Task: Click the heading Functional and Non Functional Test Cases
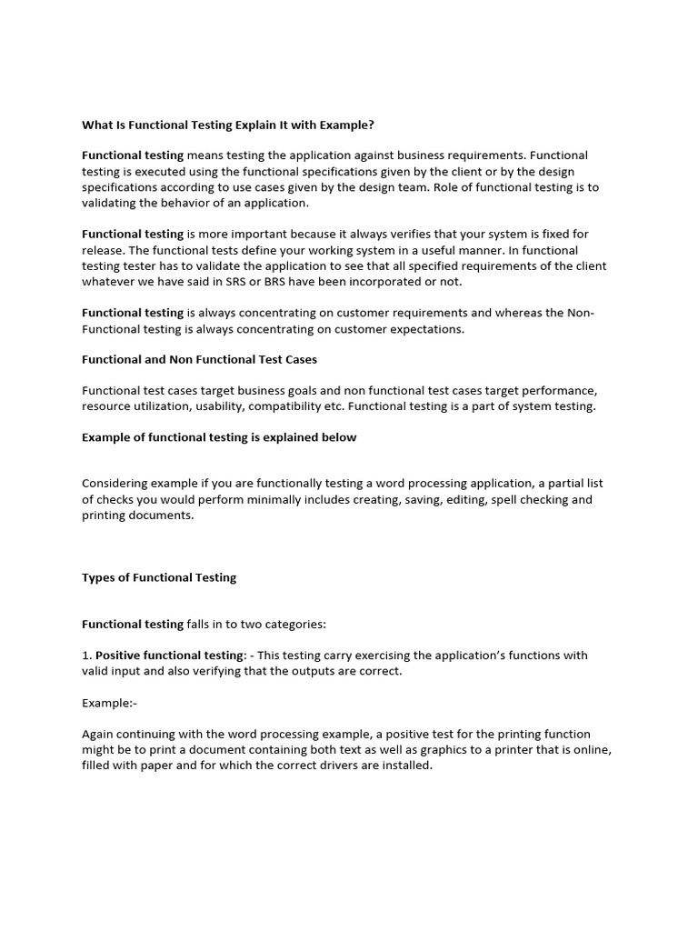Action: [x=199, y=359]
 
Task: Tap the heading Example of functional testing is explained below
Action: [x=219, y=437]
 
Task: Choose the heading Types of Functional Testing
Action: [x=159, y=577]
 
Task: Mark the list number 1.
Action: [x=85, y=656]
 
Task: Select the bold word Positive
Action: [x=118, y=656]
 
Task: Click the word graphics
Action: [x=404, y=750]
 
